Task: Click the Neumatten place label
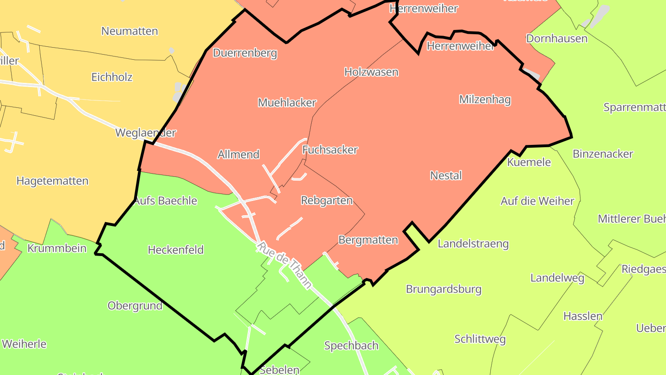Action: (x=129, y=31)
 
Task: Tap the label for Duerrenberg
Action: (x=245, y=53)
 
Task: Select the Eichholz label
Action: (x=112, y=77)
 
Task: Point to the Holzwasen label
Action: (x=371, y=72)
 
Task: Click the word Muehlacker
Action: (x=287, y=102)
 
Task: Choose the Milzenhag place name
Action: (x=485, y=99)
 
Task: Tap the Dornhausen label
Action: (x=556, y=38)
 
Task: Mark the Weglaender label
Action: (x=146, y=133)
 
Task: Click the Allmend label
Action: (x=238, y=154)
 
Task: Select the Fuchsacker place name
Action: (x=330, y=150)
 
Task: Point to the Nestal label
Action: (x=446, y=175)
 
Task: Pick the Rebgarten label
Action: (x=327, y=200)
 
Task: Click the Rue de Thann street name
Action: (x=284, y=265)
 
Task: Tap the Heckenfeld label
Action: (x=176, y=250)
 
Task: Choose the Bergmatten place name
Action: (x=368, y=240)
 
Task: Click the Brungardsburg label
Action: (x=444, y=289)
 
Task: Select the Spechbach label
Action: (x=351, y=345)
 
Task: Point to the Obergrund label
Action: (x=135, y=306)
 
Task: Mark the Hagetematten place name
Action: (x=52, y=181)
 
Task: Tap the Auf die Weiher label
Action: (x=537, y=201)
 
